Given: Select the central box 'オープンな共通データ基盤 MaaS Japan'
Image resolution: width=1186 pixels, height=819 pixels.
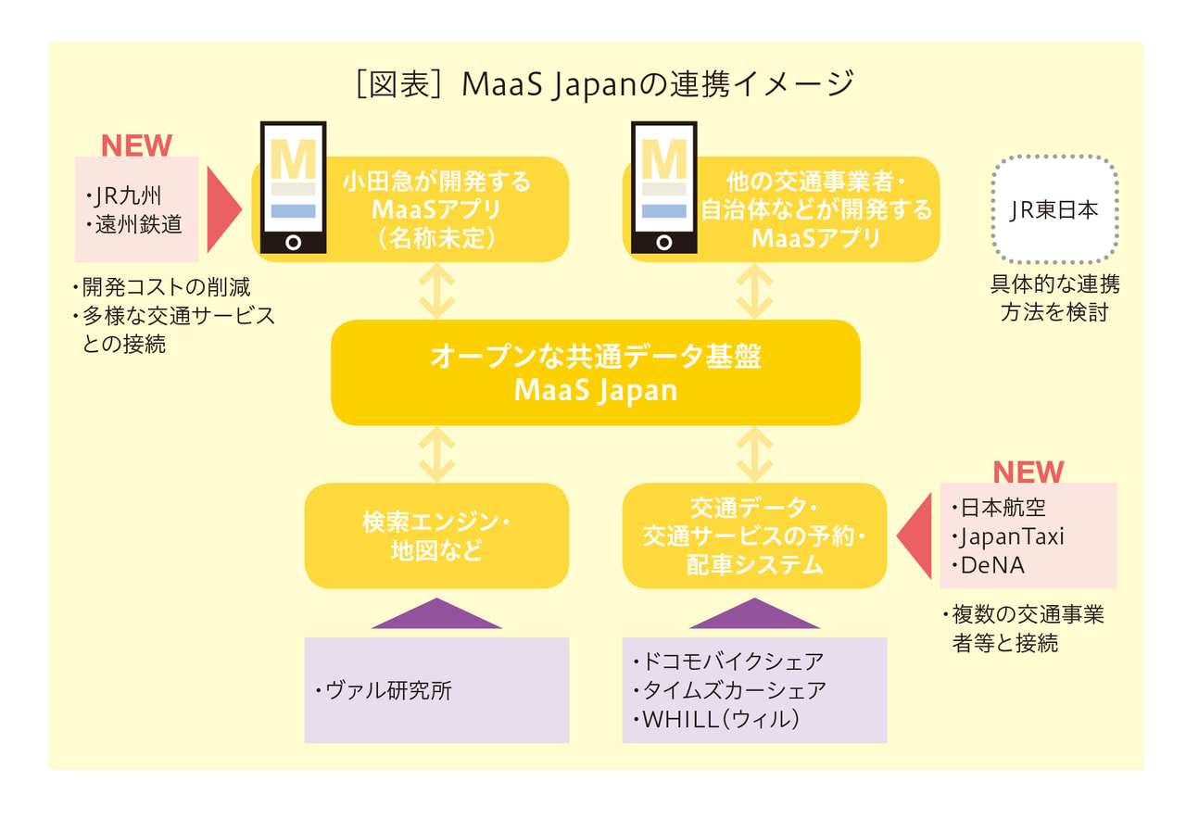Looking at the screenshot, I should click(596, 372).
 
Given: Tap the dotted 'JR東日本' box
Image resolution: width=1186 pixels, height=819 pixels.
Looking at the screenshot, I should click(1054, 209).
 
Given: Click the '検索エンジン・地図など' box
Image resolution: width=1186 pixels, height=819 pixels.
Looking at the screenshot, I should click(436, 535).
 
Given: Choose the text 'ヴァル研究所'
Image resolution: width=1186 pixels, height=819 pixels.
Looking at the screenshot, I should click(388, 690).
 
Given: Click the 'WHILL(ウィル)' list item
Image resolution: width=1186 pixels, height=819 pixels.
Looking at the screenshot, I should click(719, 719).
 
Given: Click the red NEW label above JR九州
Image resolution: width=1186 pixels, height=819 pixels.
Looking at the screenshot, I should click(136, 145).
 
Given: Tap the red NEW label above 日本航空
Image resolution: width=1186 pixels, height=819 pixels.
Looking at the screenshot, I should click(1028, 472).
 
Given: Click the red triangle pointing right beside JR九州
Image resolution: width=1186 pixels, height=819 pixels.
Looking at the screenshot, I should click(222, 210).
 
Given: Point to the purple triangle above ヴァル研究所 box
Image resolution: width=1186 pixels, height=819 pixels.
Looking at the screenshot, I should click(436, 615).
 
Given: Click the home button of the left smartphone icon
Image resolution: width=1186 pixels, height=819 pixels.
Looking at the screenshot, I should click(293, 243).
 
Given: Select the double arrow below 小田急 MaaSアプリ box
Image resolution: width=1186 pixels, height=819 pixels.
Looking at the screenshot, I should click(436, 291).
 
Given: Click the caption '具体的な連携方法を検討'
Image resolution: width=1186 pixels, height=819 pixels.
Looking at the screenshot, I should click(1054, 298).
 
